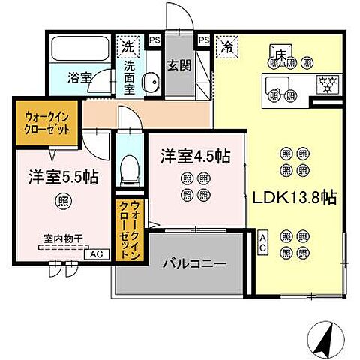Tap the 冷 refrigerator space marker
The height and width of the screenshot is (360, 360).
226,47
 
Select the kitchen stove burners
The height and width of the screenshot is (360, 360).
327,81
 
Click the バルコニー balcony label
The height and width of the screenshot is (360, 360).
195,264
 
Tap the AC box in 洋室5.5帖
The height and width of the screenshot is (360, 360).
94,254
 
